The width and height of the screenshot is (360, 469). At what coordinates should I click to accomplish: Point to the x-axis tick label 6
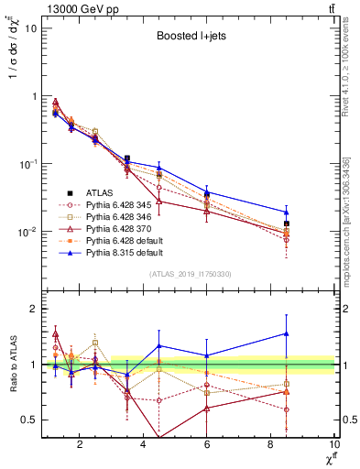click(208, 446)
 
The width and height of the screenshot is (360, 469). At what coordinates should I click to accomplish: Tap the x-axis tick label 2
click(81, 446)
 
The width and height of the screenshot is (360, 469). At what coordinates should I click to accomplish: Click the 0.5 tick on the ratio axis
click(28, 420)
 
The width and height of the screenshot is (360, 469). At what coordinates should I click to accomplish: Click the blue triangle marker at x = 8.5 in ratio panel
click(287, 333)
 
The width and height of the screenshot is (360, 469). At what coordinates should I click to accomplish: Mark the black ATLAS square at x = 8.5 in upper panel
click(287, 224)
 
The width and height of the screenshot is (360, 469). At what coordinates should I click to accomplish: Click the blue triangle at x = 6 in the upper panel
click(207, 192)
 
